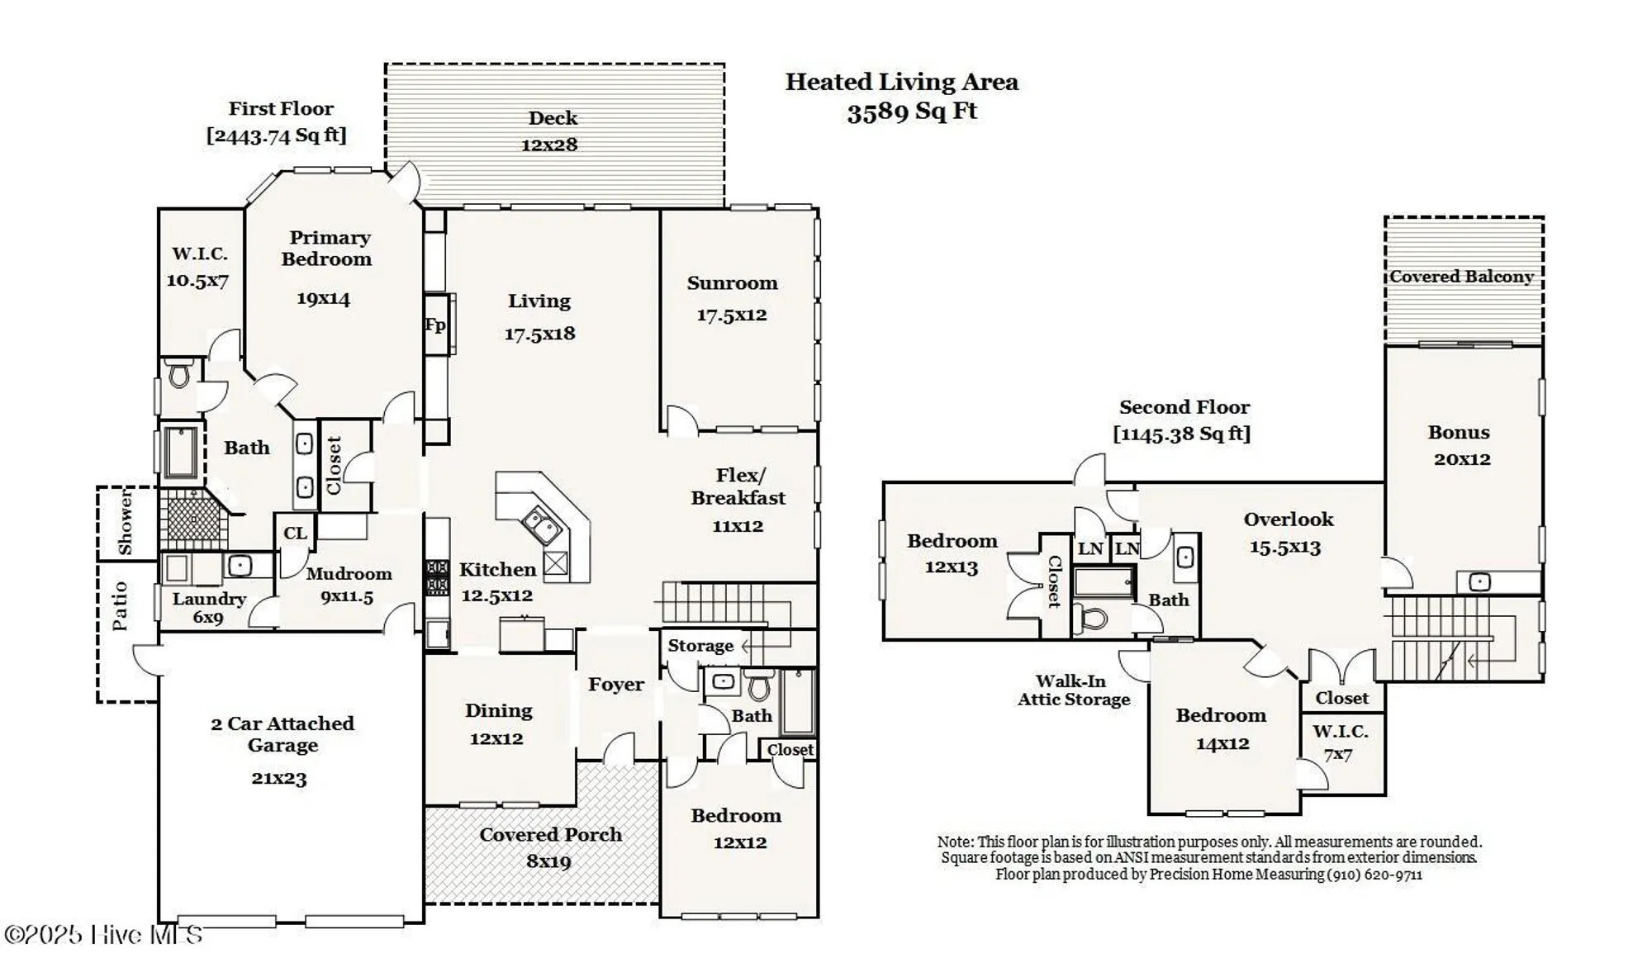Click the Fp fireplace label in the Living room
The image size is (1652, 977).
435,325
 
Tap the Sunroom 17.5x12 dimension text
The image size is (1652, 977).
732,315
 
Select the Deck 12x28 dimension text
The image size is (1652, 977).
549,145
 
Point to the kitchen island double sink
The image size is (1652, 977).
541,526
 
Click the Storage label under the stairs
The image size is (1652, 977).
700,646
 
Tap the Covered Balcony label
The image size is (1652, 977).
1461,277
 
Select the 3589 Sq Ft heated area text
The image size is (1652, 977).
912,111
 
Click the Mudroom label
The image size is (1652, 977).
349,574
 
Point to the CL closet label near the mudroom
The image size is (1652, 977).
295,534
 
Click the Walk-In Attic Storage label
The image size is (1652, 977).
1073,690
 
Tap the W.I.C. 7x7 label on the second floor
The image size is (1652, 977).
1340,742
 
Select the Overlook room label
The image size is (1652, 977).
1289,519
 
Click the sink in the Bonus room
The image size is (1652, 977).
1479,582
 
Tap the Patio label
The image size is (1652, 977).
121,605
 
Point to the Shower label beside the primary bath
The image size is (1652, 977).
125,522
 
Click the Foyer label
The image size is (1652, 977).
615,685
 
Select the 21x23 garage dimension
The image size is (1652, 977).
279,778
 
